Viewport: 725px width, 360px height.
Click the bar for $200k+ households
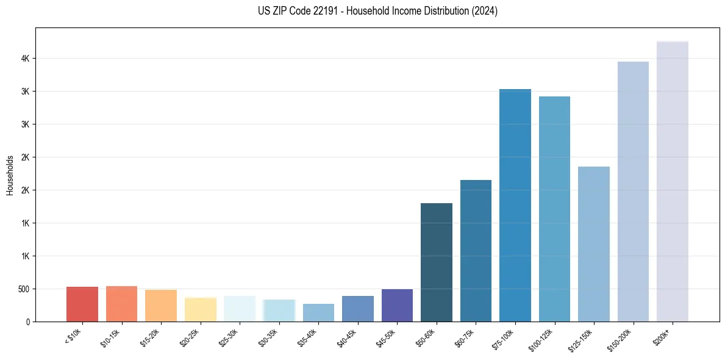click(x=672, y=183)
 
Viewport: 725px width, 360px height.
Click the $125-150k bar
click(x=593, y=244)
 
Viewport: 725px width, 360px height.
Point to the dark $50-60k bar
click(x=436, y=262)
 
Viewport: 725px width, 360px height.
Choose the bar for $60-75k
click(x=476, y=251)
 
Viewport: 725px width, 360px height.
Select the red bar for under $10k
click(x=82, y=304)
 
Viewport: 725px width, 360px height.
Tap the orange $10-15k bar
click(x=121, y=304)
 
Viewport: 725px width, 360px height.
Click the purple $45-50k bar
click(x=397, y=306)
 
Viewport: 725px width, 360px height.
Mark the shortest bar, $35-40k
click(x=318, y=312)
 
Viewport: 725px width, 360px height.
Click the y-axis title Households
click(x=10, y=175)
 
